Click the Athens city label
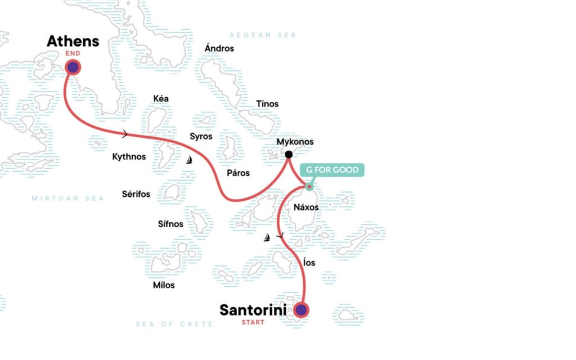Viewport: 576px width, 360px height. point(73,41)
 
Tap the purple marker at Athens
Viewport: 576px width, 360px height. point(73,67)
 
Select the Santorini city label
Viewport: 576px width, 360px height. point(253,310)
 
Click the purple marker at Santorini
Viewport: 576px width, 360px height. point(301,310)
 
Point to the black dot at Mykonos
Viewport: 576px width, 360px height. point(289,155)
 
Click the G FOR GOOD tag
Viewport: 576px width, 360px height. point(332,170)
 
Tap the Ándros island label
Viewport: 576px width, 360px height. point(219,48)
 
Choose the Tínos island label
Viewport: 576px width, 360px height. point(267,104)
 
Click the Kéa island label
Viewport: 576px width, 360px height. point(161,99)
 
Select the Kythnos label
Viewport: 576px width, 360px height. point(129,156)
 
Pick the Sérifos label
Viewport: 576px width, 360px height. point(136,194)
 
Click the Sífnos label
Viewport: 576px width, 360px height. point(171,224)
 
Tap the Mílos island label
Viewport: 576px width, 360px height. point(164,285)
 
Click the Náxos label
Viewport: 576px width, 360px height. point(306,208)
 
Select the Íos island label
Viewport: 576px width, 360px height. point(309,263)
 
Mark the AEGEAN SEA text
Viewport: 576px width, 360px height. point(263,35)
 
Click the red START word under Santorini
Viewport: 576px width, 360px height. point(253,322)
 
